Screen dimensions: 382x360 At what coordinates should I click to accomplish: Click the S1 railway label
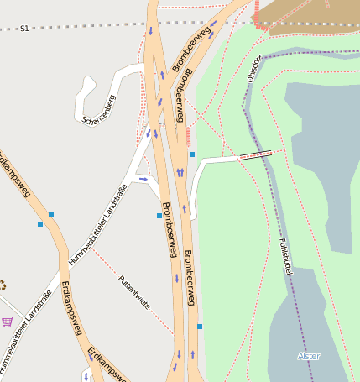click(24, 29)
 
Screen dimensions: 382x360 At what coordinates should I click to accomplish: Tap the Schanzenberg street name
click(99, 108)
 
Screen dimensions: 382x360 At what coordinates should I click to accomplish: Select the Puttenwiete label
click(134, 293)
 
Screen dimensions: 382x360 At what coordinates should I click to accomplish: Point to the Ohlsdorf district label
click(254, 68)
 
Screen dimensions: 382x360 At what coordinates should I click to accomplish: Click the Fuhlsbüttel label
click(283, 259)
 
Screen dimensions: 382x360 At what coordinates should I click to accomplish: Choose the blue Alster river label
click(309, 356)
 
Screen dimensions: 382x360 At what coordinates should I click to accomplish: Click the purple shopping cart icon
click(8, 321)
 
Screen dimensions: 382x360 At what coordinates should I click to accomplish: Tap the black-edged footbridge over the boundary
click(255, 154)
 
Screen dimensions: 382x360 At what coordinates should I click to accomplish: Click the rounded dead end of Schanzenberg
click(87, 82)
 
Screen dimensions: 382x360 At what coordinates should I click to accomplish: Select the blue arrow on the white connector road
click(143, 179)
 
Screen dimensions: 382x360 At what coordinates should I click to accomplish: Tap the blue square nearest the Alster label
click(200, 327)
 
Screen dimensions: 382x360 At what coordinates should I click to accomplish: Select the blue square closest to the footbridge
click(192, 154)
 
